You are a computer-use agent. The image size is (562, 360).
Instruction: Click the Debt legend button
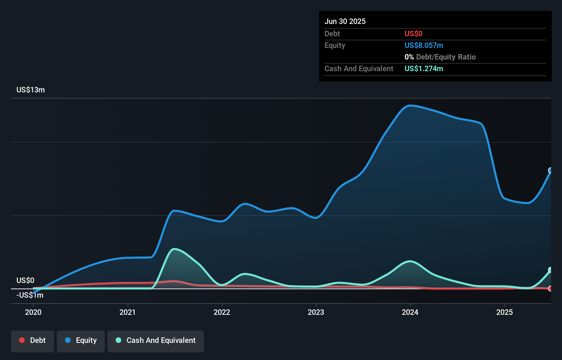pos(33,340)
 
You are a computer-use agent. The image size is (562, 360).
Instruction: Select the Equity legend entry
pos(81,340)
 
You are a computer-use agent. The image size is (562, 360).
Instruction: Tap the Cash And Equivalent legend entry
pos(156,340)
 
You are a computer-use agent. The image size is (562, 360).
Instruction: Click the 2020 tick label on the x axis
pos(33,312)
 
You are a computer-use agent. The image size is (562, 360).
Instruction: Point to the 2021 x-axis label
pos(128,312)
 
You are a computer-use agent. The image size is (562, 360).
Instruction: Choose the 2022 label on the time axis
pos(222,312)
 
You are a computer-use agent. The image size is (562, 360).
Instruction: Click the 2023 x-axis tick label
pos(316,312)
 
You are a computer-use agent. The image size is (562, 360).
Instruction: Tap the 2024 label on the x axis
pos(410,312)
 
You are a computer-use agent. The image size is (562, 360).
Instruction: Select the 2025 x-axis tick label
pos(504,312)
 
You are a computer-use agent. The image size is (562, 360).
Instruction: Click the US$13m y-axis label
pos(30,90)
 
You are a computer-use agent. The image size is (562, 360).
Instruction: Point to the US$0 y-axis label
pos(25,280)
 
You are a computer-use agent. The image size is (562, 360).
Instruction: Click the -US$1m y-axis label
pos(30,295)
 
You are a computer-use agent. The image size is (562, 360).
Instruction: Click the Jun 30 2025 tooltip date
pos(345,21)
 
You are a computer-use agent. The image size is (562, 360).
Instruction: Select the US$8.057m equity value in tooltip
pos(424,45)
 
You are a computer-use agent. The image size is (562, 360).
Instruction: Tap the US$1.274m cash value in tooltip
pos(424,68)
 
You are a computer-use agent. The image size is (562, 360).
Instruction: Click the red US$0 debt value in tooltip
pos(413,34)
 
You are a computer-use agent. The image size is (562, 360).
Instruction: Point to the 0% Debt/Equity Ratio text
pos(440,57)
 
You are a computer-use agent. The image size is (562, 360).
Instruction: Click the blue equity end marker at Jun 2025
pos(550,170)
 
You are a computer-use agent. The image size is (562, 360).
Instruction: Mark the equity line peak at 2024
pos(410,105)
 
